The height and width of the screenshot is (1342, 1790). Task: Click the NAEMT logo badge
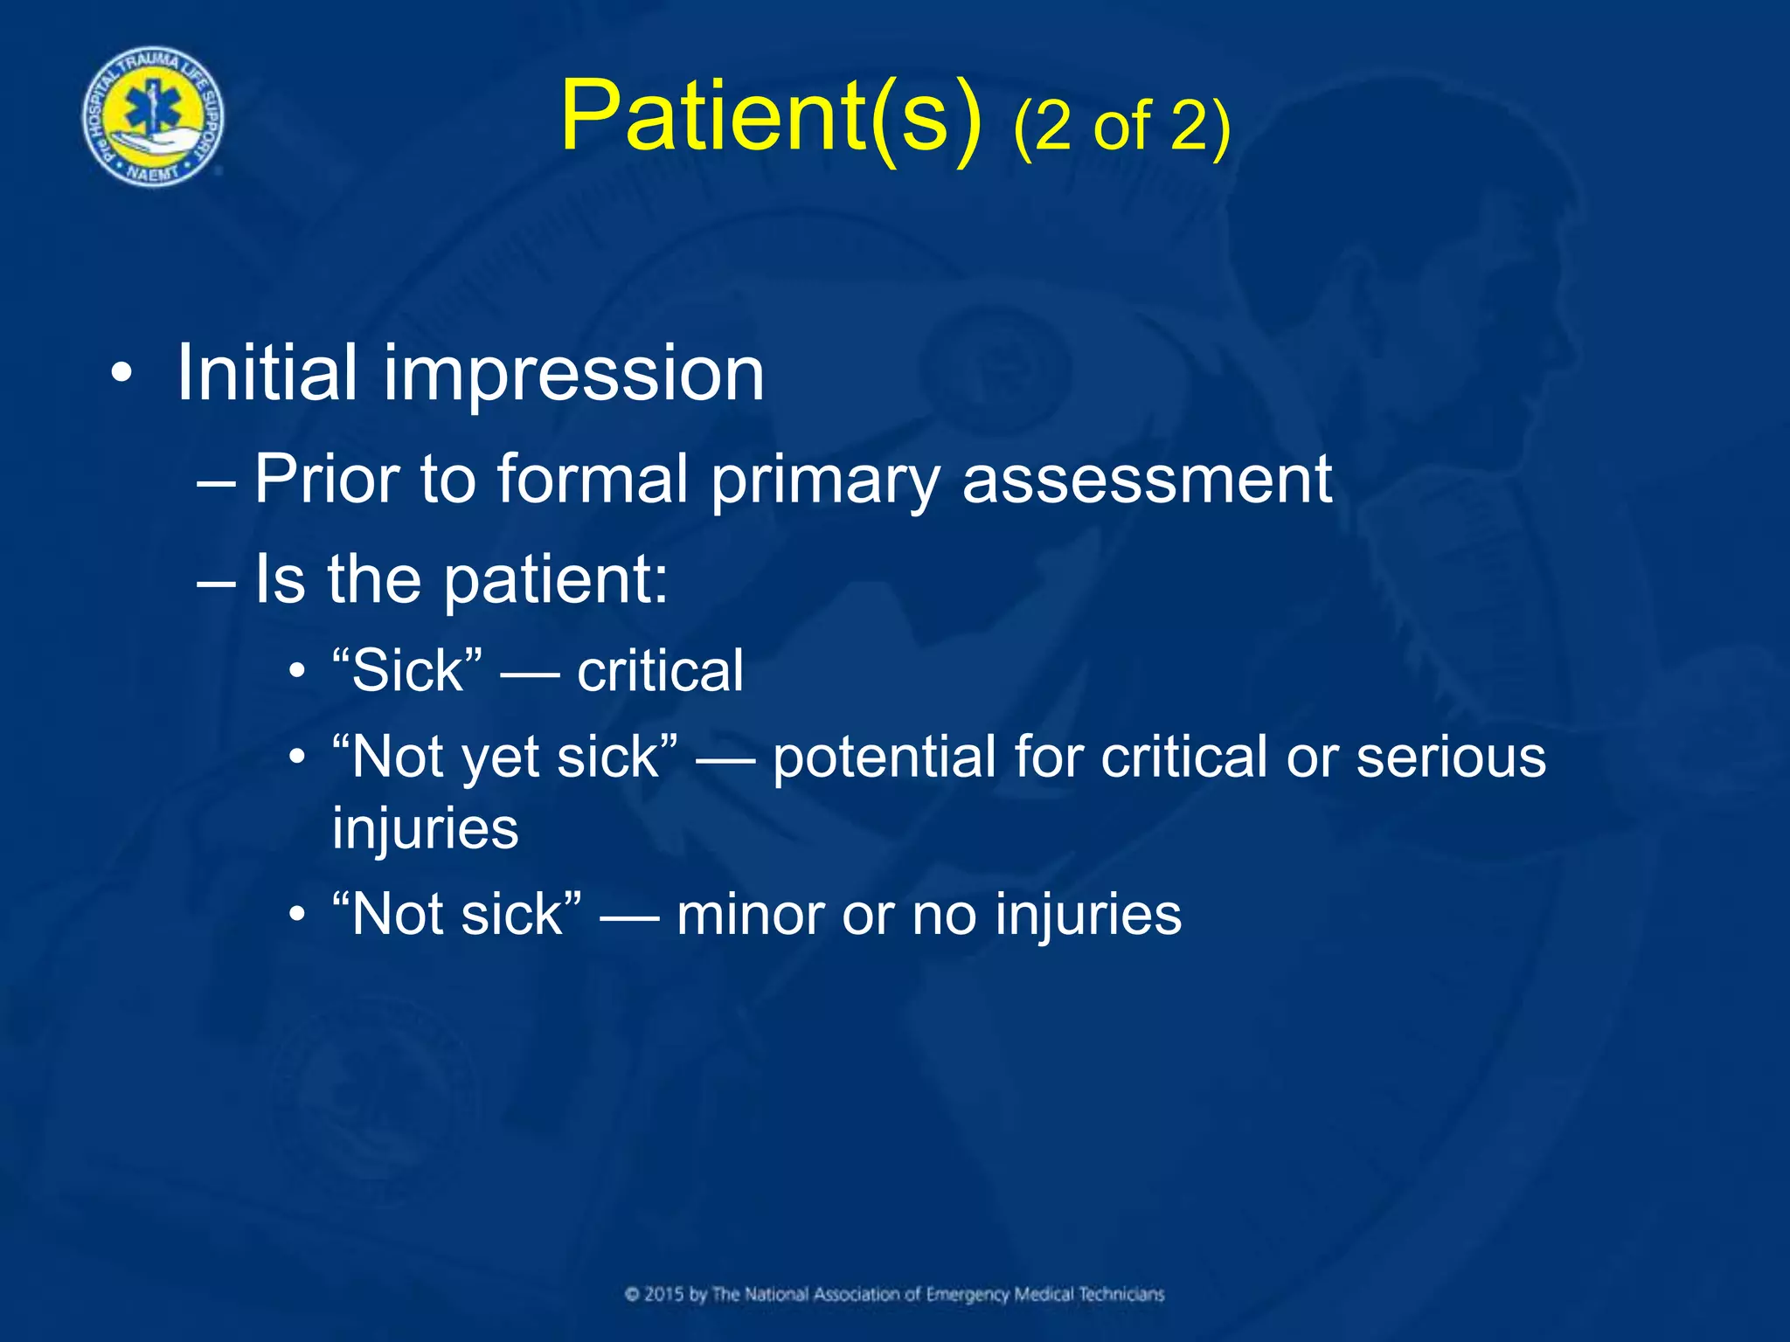click(x=153, y=116)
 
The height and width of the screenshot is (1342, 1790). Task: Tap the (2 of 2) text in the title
click(x=1122, y=127)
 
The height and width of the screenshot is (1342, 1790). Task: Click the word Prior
click(x=327, y=479)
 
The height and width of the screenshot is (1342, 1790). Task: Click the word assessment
click(x=1146, y=481)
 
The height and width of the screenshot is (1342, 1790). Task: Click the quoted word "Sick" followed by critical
click(x=407, y=671)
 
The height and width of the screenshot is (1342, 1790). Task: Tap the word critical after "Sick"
click(x=660, y=671)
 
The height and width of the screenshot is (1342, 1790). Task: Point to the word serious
click(x=1450, y=757)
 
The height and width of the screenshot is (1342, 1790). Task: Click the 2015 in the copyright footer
click(x=663, y=1294)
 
